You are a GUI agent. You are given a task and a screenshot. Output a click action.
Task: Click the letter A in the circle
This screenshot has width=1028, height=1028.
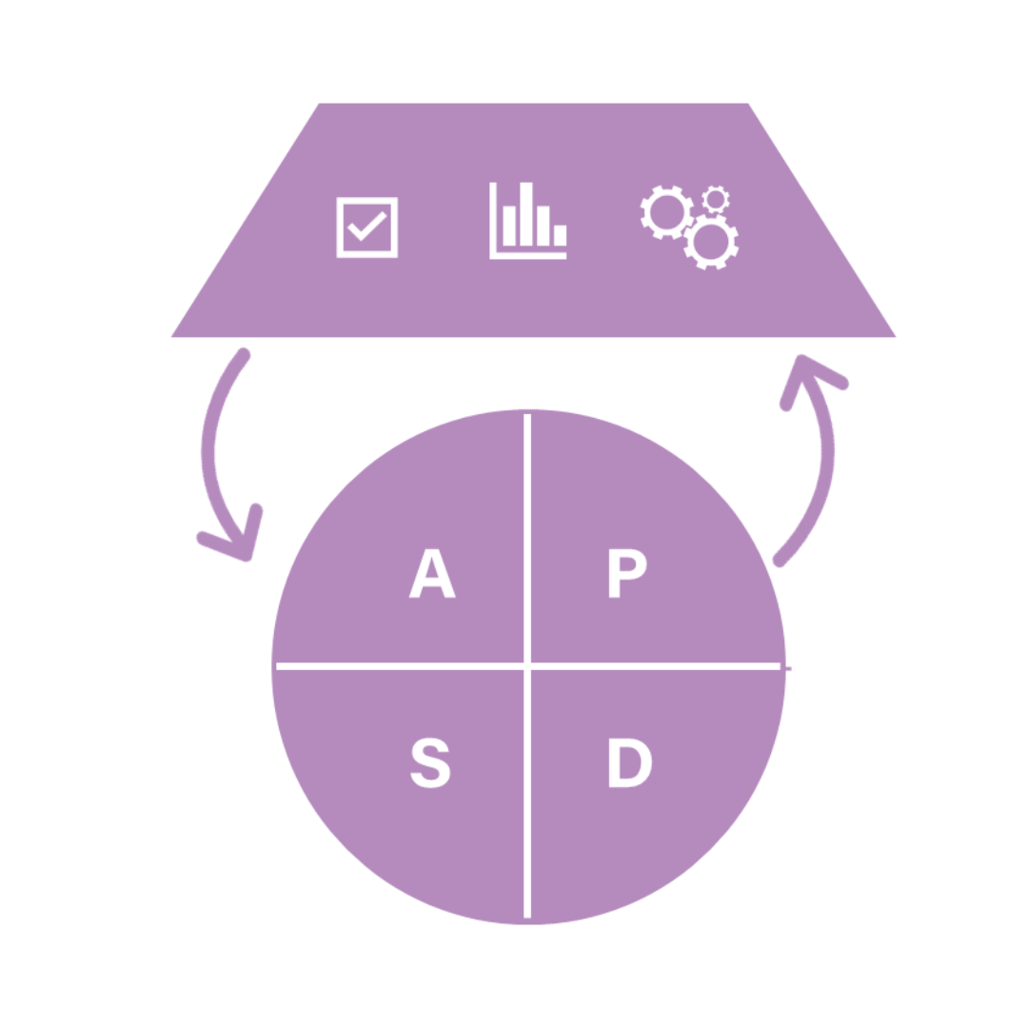432,576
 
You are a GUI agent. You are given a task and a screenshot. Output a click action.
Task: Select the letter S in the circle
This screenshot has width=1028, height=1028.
430,763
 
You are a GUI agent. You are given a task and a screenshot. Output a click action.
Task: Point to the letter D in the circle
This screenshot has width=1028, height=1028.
629,763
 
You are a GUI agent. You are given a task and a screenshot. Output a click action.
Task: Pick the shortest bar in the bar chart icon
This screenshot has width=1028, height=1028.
560,234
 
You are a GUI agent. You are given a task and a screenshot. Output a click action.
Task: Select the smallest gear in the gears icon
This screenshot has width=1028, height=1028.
716,199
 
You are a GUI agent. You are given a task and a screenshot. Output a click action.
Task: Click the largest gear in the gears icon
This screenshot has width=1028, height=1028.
712,242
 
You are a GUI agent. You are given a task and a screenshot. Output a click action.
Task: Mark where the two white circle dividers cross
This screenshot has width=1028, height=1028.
527,665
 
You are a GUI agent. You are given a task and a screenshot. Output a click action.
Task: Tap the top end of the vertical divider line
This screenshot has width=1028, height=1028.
527,415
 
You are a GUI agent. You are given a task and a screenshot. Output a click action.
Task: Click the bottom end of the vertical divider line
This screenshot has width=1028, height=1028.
527,916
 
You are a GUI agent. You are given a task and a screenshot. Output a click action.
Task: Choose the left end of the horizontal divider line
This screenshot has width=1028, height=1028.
277,665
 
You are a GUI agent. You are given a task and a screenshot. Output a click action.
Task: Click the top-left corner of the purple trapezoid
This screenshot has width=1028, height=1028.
319,105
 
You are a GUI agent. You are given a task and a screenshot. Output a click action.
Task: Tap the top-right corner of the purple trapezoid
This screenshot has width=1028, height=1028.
749,105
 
